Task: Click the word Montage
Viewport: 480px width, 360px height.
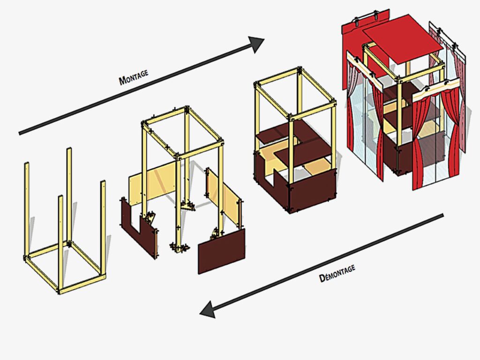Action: point(134,77)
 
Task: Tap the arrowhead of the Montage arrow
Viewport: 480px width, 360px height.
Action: point(257,44)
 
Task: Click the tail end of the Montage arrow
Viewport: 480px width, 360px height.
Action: point(20,133)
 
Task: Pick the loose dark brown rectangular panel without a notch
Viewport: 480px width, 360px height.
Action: point(221,251)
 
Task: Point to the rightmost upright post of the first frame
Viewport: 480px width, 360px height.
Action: point(103,225)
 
